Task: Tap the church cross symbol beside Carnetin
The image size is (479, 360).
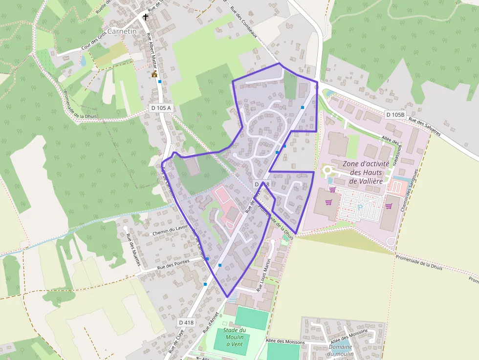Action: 145,18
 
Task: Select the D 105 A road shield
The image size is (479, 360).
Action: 161,108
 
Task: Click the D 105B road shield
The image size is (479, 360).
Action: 395,115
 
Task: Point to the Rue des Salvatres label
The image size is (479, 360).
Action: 424,127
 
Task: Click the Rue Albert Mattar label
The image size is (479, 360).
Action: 153,49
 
